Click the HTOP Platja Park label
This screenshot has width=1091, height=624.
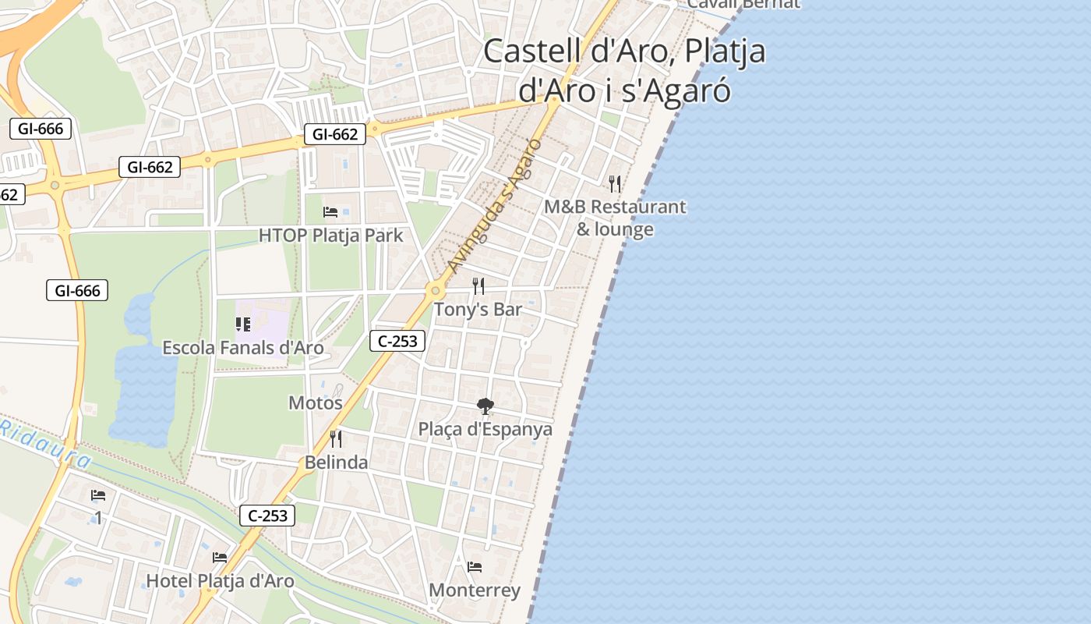coord(331,235)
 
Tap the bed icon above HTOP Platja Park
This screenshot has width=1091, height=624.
coord(330,211)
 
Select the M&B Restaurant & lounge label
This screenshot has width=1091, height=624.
coord(615,218)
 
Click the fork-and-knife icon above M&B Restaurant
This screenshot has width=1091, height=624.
coord(615,184)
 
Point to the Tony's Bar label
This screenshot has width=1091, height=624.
coord(478,309)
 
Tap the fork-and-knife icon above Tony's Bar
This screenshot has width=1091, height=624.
coord(478,286)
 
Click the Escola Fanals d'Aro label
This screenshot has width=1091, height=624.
coord(242,347)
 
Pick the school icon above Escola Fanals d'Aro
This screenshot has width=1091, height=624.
coord(243,324)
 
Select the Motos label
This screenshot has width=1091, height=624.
coord(316,402)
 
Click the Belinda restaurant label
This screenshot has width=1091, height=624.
coord(336,462)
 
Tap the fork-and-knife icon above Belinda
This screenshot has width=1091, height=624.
coord(336,439)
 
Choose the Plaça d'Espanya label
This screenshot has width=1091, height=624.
coord(485,429)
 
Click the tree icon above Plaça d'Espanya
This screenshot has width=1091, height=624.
coord(485,406)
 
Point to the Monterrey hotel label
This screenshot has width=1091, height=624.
coord(475,590)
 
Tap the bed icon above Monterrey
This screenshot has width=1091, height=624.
coord(475,566)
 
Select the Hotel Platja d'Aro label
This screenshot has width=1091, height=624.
coord(221,580)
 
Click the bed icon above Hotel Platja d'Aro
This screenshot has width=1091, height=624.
coord(220,557)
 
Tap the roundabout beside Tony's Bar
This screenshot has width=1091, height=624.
coord(434,292)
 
